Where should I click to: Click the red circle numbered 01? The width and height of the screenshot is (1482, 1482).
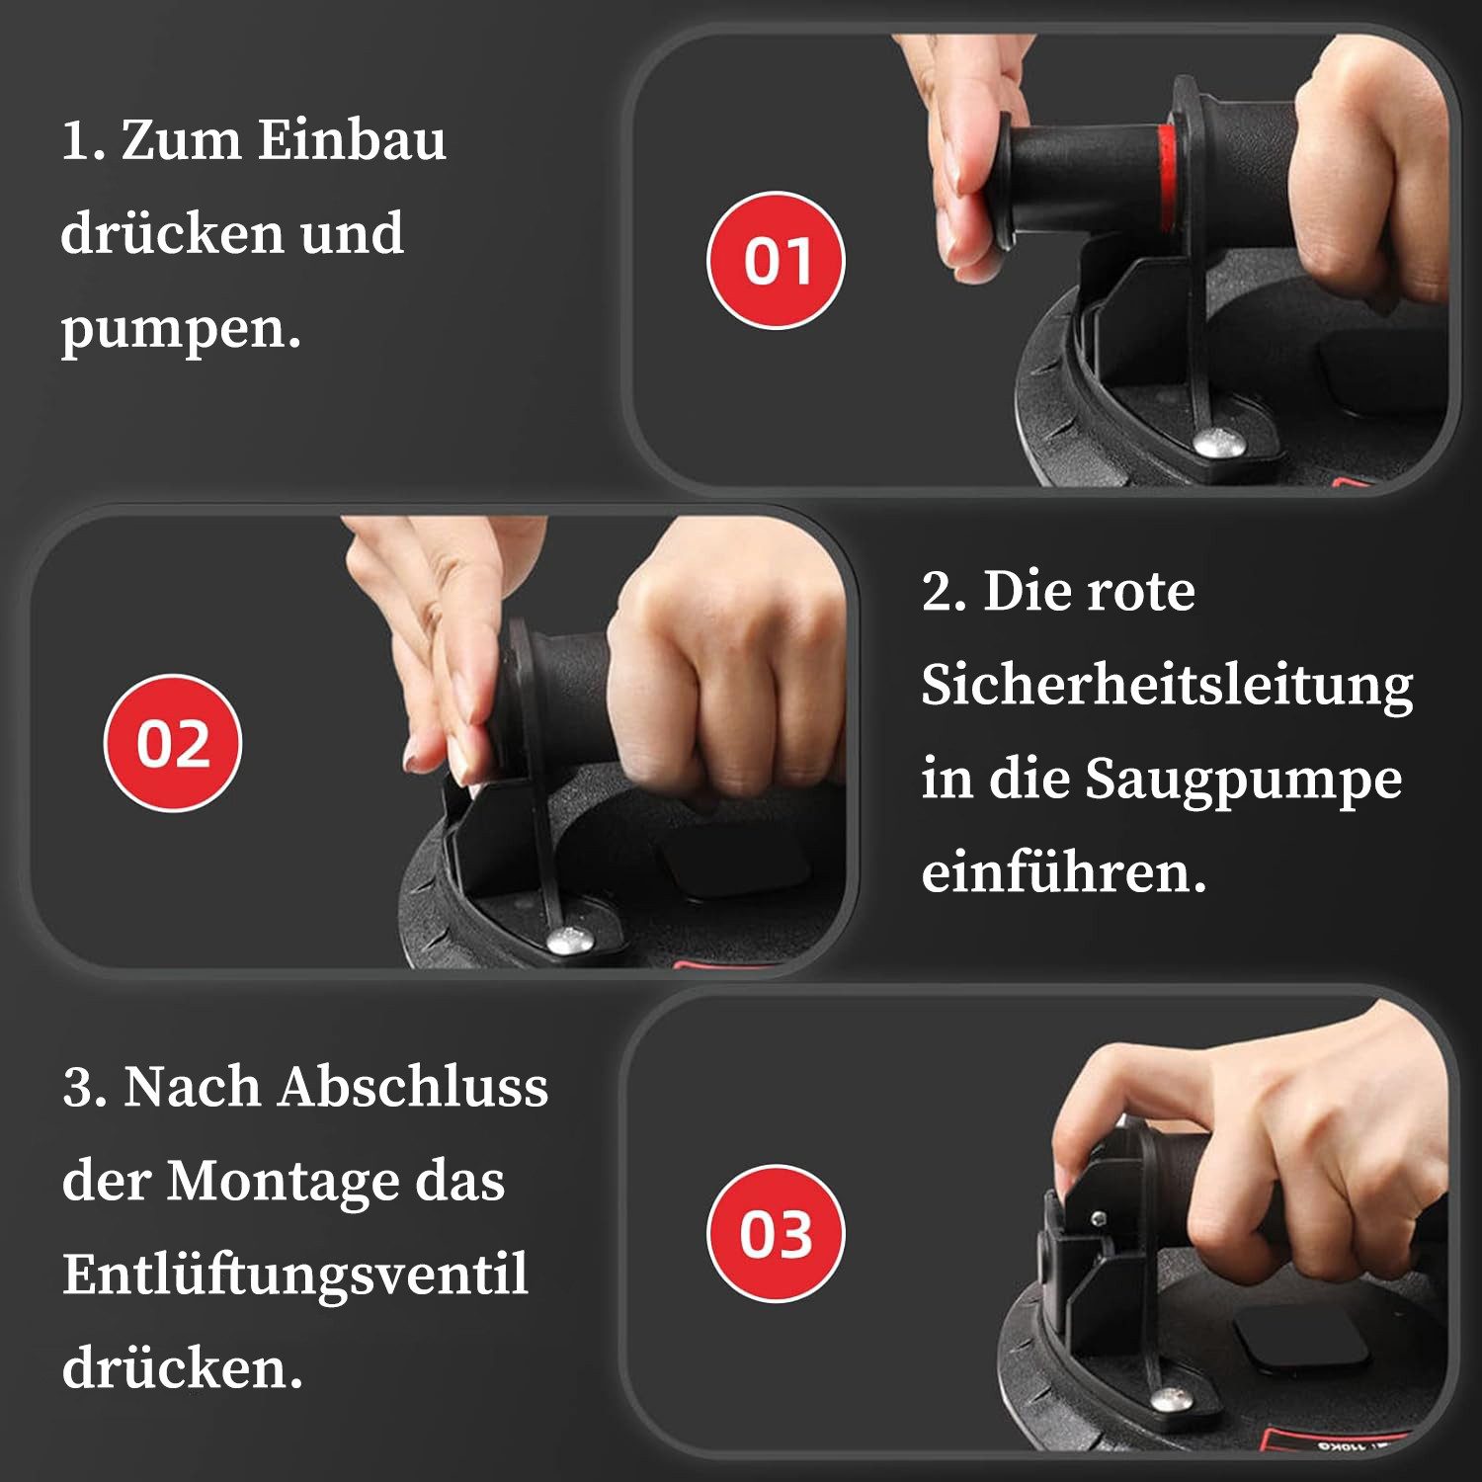click(x=777, y=260)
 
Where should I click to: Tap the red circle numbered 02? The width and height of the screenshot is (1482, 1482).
click(x=173, y=743)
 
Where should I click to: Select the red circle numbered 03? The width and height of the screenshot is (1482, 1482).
click(x=777, y=1233)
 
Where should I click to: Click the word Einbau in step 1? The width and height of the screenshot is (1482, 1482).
click(x=352, y=140)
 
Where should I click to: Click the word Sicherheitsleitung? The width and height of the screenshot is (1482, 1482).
click(x=1167, y=686)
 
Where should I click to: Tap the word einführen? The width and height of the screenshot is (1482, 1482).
click(x=1063, y=873)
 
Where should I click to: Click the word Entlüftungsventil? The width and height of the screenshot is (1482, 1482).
click(x=295, y=1275)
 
